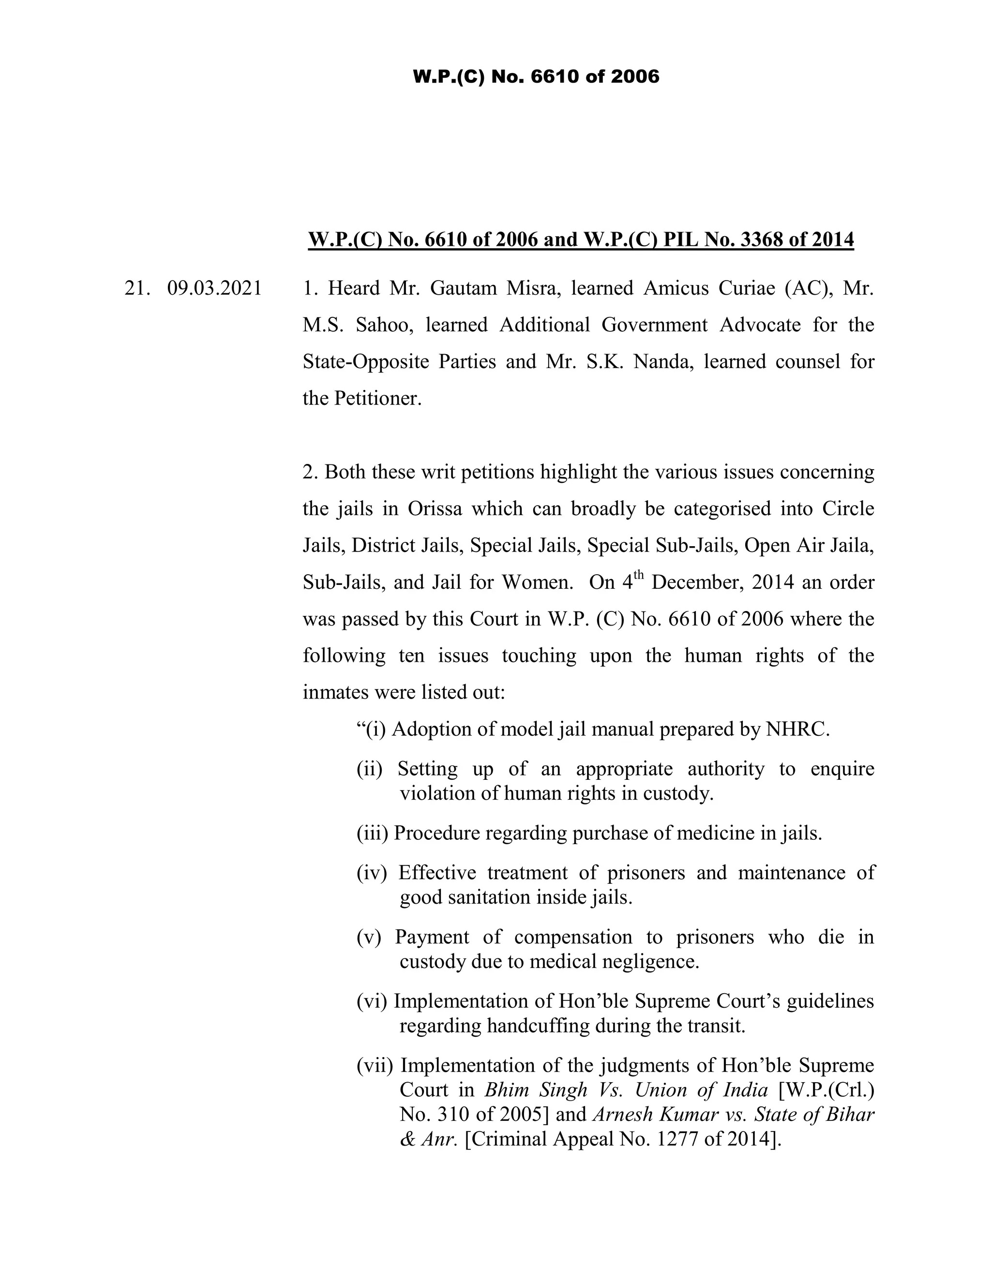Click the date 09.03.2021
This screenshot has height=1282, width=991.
214,289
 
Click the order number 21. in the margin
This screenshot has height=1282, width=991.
135,289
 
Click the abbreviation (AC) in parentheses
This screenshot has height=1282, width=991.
809,288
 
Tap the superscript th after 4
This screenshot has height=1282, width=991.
639,575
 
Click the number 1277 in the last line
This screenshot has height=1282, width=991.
677,1139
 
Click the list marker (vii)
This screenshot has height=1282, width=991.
375,1065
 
